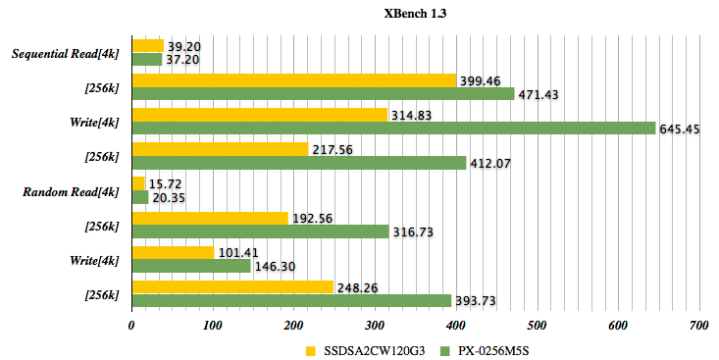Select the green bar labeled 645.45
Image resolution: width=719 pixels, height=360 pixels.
point(392,129)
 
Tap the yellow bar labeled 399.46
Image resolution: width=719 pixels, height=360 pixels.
point(293,80)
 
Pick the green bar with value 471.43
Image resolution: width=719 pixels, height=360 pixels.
point(323,94)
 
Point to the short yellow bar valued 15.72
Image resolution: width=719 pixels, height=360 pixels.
point(138,183)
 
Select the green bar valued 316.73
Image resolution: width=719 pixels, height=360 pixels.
point(260,231)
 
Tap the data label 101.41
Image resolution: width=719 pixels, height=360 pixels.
point(238,253)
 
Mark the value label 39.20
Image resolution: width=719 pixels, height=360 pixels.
point(186,45)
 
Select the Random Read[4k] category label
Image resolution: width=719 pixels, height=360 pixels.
point(71,191)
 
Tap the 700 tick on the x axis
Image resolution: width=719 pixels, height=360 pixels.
point(697,326)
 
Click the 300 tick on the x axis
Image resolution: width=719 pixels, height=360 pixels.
point(374,326)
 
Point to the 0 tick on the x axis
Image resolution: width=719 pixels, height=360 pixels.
point(131,326)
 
